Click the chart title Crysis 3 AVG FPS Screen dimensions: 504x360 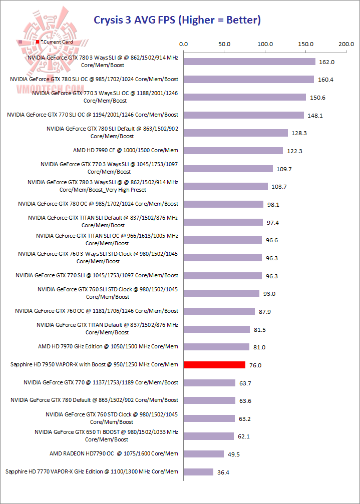177,20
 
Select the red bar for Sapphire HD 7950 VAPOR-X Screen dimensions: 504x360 214,365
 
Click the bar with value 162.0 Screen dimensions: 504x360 249,62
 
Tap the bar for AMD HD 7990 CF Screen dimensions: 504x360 233,151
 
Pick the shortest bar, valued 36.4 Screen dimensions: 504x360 198,471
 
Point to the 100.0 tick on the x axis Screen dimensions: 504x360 265,44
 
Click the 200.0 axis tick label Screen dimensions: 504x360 346,44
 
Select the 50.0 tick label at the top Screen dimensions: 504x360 224,44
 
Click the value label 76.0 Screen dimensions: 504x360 255,365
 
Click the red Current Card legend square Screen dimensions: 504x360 38,43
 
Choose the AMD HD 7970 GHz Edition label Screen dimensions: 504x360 108,346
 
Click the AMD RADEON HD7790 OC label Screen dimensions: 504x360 114,453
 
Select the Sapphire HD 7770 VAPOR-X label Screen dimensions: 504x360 92,471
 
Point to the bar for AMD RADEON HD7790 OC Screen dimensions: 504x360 204,454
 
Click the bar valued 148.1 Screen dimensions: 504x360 244,115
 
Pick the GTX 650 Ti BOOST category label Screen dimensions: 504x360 107,435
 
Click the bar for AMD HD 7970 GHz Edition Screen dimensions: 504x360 216,347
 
